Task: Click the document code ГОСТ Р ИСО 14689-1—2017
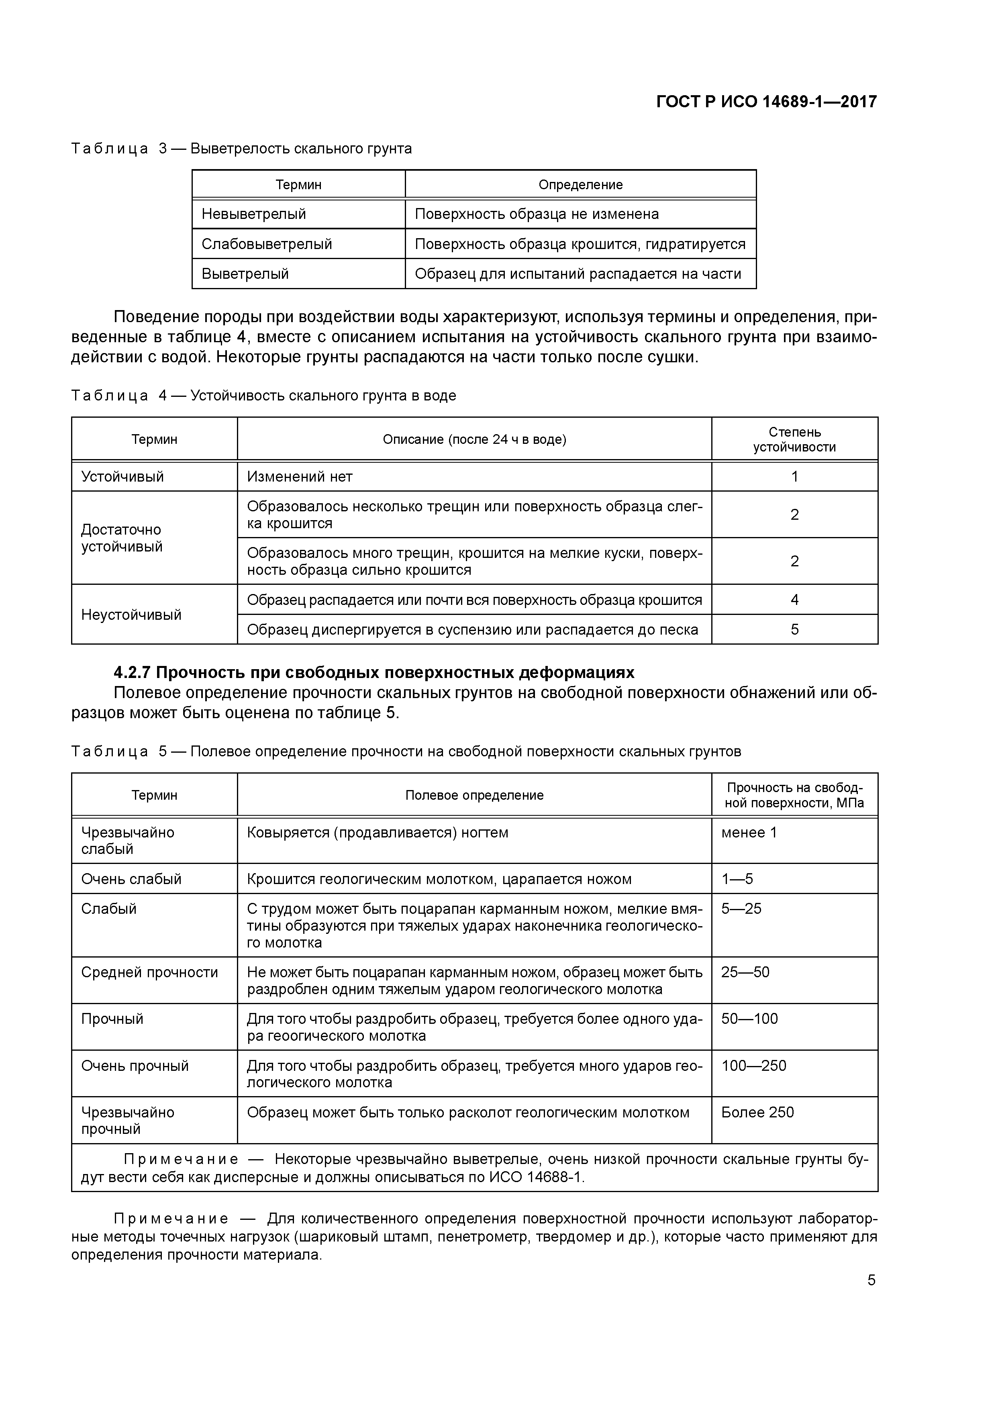click(x=766, y=101)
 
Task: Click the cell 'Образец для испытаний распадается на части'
click(x=578, y=274)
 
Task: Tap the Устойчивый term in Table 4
click(x=123, y=477)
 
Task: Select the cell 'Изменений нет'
click(x=300, y=477)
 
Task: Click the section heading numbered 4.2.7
click(x=374, y=673)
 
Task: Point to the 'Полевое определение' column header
click(x=474, y=795)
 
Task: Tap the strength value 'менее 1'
click(x=749, y=833)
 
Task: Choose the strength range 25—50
click(x=745, y=972)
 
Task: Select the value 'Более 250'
click(x=757, y=1112)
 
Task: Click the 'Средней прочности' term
click(x=149, y=972)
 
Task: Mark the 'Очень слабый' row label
click(x=131, y=879)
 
